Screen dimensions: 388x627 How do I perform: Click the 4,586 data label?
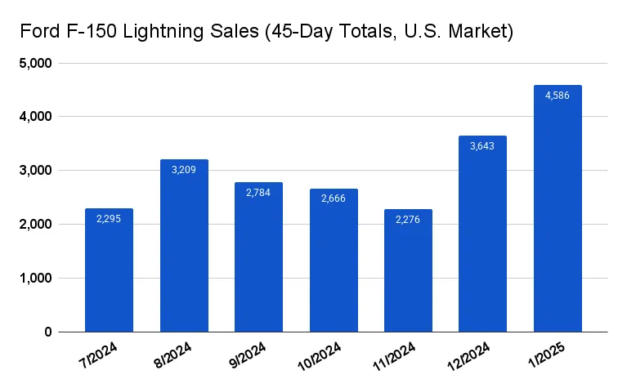[x=558, y=96]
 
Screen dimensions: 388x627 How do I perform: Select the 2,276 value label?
[x=408, y=220]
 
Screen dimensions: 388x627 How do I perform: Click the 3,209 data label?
[x=184, y=170]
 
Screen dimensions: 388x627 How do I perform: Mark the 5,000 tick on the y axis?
[x=34, y=64]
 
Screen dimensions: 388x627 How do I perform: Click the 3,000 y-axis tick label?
[x=34, y=171]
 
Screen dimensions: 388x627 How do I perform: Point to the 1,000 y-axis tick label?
[x=34, y=279]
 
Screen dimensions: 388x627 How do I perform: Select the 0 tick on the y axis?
[x=48, y=332]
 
